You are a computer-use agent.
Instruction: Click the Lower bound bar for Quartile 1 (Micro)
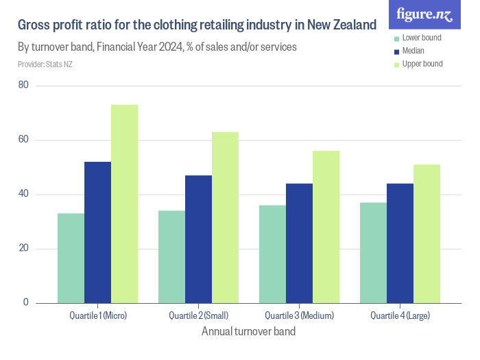(x=71, y=258)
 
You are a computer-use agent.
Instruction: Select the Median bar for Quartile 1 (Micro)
(x=97, y=232)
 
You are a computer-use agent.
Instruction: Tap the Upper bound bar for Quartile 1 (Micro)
(x=124, y=204)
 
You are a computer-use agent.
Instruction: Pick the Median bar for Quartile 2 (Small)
(x=198, y=239)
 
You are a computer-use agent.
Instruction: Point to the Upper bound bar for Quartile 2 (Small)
(x=225, y=217)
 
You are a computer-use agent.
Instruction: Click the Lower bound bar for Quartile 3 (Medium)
(x=272, y=254)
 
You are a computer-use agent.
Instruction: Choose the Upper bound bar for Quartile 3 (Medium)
(x=326, y=226)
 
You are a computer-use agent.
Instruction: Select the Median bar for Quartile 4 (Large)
(x=400, y=243)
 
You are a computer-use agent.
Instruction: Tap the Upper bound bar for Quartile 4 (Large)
(x=427, y=233)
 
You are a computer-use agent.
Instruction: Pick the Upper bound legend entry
(x=422, y=64)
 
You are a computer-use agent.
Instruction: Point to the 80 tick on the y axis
(x=23, y=85)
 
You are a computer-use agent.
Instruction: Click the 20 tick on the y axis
(x=23, y=248)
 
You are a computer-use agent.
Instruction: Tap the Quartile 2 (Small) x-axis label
(x=198, y=315)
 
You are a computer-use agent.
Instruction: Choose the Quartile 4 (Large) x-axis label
(x=400, y=315)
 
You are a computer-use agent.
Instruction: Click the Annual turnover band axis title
(x=248, y=332)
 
